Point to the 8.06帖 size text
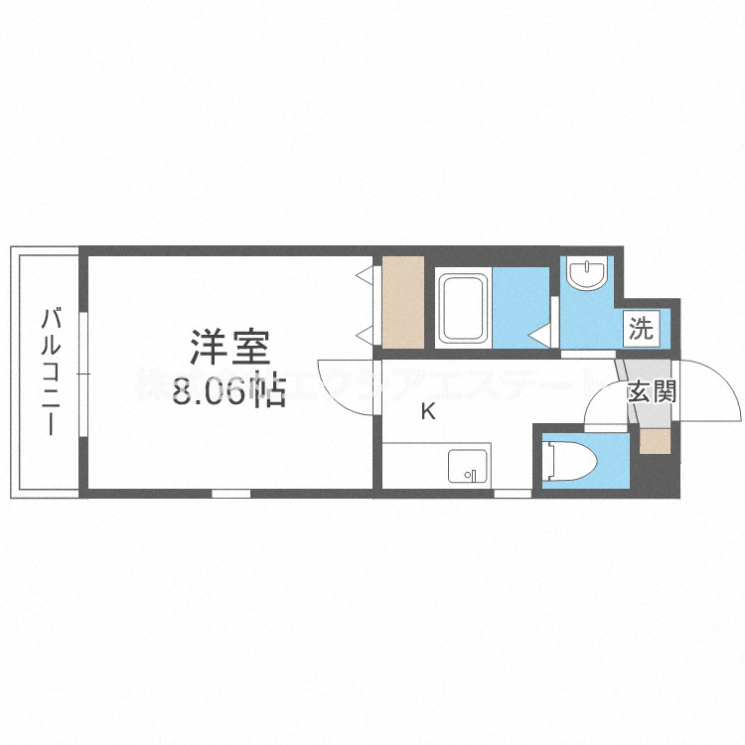pos(229,390)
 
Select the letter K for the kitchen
pos(428,411)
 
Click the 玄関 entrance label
pos(651,391)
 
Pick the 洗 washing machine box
pos(642,328)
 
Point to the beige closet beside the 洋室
pos(403,302)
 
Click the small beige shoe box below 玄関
pos(655,438)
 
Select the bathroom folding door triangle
pos(541,336)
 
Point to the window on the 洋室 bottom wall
pos(230,493)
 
